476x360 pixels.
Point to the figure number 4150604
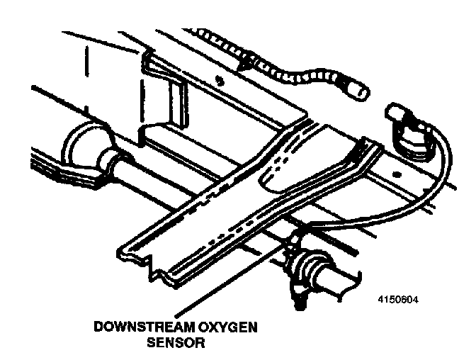(399, 298)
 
